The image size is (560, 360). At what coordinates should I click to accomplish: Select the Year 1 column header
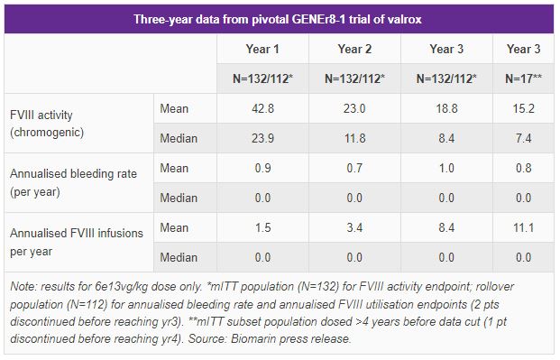coord(262,49)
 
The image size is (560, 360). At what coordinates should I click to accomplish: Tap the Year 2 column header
coord(354,49)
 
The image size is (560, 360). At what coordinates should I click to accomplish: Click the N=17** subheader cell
coord(523,78)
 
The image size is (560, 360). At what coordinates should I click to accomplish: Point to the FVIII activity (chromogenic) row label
coord(47,124)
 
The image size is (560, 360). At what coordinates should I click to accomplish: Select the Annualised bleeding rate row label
coord(73,182)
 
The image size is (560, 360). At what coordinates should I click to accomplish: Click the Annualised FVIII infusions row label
coord(77,242)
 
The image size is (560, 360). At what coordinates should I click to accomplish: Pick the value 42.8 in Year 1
coord(262,108)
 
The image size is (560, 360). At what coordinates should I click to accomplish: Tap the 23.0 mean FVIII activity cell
coord(354,108)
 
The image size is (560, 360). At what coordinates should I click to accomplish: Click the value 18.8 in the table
coord(446,108)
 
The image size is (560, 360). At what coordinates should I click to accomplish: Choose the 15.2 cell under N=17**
coord(524,108)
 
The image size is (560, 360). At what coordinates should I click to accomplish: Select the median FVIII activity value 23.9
coord(262,138)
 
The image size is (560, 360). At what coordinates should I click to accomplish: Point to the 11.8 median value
coord(354,138)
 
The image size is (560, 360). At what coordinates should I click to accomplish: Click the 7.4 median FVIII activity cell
coord(524,138)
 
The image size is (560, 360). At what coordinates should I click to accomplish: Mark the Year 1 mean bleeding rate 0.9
coord(262,168)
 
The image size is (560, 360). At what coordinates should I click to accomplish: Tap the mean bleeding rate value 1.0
coord(446,168)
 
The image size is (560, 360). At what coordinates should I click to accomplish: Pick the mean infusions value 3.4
coord(354,227)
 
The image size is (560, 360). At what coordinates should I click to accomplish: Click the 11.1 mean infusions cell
coord(524,227)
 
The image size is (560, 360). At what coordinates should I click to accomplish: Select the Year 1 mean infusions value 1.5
coord(262,227)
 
